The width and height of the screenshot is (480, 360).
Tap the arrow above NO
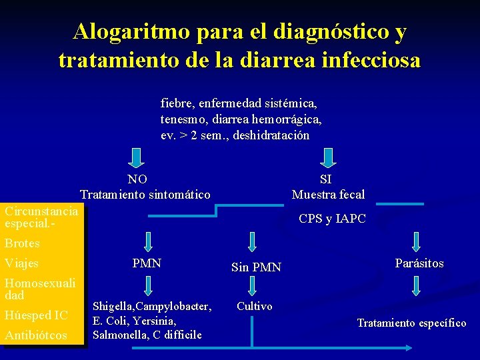point(136,158)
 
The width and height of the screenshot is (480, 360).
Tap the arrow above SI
point(327,158)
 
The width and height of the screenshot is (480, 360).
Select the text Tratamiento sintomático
point(145,195)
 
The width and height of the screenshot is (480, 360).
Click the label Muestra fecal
point(328,195)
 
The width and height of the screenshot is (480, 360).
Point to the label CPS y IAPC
point(332,219)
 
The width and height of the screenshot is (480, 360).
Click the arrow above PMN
point(147,241)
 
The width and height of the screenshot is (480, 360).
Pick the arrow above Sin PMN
point(253,241)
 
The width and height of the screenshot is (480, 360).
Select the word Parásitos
point(419,263)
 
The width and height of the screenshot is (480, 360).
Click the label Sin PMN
point(256,268)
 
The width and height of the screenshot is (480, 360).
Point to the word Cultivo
point(254,307)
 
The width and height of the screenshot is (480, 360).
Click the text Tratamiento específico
point(411,323)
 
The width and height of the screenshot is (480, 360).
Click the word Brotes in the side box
point(22,243)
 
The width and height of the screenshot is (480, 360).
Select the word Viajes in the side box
point(21,263)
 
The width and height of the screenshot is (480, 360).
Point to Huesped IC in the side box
point(36,315)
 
